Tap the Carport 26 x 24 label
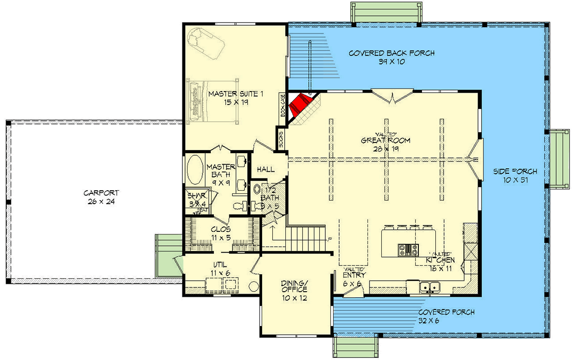(x=102, y=197)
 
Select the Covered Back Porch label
(x=392, y=57)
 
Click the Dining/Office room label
(x=294, y=291)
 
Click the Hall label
(x=266, y=169)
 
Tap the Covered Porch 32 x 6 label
(x=446, y=316)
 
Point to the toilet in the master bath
(x=239, y=206)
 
